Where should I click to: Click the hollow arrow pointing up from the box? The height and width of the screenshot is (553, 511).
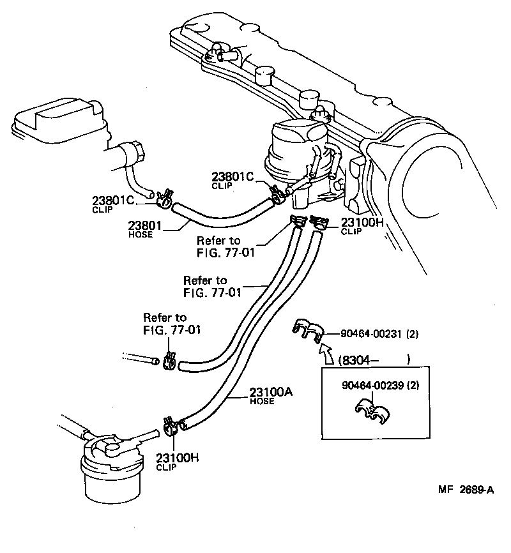coord(324,352)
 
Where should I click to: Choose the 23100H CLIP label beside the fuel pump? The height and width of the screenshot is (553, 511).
coord(361,226)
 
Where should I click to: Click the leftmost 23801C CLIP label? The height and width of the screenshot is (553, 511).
coord(114,204)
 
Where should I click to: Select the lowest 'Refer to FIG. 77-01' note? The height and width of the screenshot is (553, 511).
coord(165,323)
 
